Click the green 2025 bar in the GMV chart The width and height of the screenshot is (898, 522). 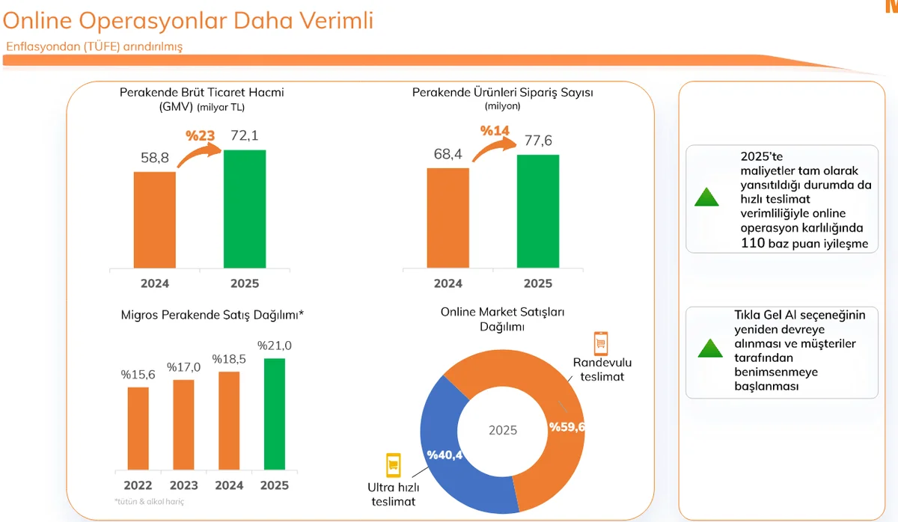pos(244,209)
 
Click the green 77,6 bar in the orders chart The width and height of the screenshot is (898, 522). pos(537,211)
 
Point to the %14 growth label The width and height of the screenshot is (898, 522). pos(495,131)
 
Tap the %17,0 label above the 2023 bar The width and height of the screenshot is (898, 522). pos(183,367)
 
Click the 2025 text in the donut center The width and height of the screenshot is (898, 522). pos(503,431)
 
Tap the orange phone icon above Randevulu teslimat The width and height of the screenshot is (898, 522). pos(599,343)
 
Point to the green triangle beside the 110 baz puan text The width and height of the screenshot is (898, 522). pos(706,197)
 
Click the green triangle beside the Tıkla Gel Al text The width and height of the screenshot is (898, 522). pos(709,348)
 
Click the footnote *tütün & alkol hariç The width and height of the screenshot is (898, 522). pos(148,501)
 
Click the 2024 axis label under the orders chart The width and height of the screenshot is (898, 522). pos(448,283)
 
